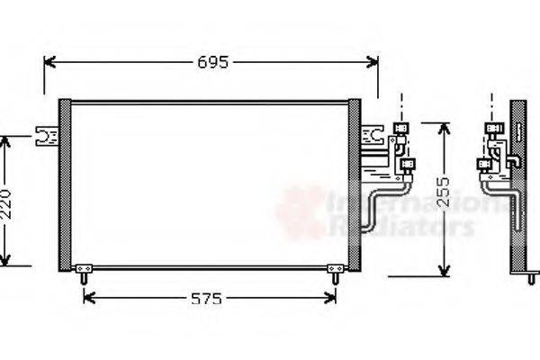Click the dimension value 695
(213, 62)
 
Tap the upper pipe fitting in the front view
(402, 130)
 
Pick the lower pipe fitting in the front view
(409, 165)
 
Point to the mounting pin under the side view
(531, 278)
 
